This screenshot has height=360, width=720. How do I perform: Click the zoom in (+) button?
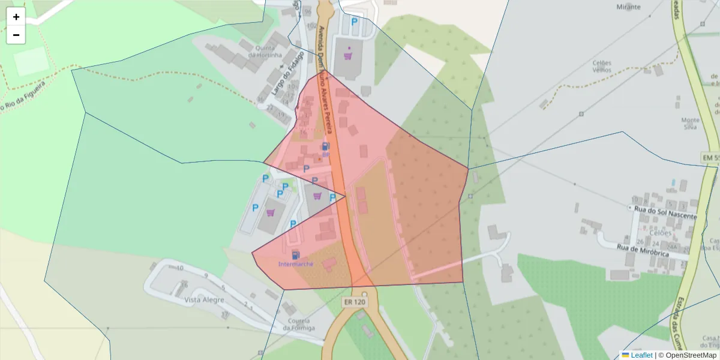16,17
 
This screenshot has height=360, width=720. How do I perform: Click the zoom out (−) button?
16,35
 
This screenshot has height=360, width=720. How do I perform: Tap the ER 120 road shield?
355,302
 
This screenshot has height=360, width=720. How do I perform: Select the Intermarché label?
295,264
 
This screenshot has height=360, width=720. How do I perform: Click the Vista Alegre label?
204,300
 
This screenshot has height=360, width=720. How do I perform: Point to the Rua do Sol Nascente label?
665,215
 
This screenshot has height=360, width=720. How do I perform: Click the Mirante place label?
628,7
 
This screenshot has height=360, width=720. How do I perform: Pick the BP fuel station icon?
325,146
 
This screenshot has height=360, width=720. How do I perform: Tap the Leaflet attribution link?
641,355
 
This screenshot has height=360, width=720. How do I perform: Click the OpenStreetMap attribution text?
691,355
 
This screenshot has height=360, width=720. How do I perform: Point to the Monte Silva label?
691,123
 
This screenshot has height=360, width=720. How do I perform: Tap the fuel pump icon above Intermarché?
295,254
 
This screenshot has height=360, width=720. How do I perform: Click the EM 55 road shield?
710,157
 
